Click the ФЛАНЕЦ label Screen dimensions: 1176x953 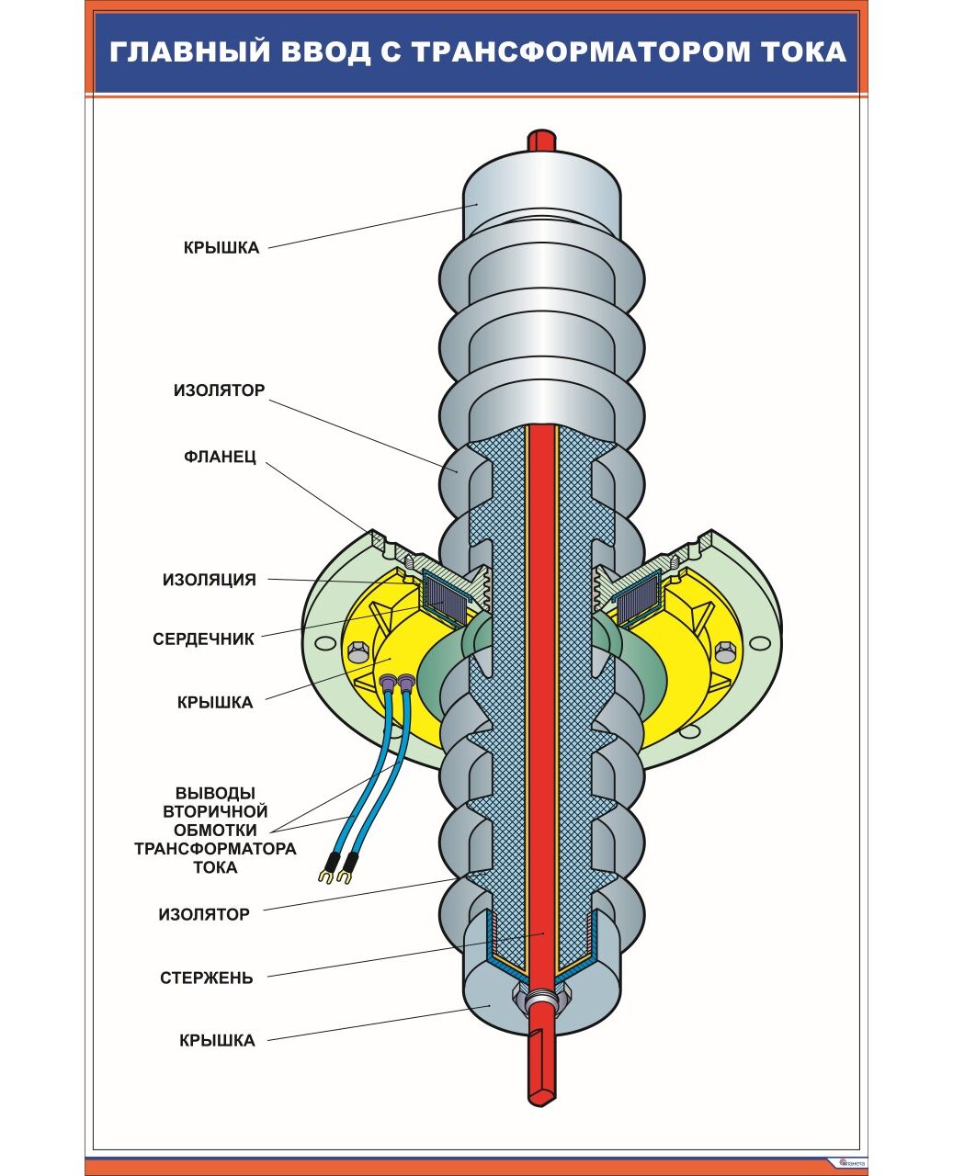tap(220, 457)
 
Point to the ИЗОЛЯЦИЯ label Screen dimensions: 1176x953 tap(210, 580)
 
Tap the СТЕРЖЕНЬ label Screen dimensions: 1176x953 tap(206, 978)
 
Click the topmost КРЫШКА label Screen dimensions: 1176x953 tap(221, 247)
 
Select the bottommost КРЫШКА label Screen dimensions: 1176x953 tap(217, 1040)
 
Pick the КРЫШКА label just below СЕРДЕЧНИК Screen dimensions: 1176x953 tap(214, 702)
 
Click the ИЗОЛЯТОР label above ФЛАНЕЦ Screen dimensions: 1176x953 tap(219, 390)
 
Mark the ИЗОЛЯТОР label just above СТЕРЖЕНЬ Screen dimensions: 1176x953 tap(204, 914)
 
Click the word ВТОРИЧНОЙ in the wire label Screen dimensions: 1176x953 tap(215, 811)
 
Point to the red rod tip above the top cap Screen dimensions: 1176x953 tap(541, 140)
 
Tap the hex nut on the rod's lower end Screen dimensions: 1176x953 tap(541, 1000)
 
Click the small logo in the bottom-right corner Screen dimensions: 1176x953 tap(850, 1161)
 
